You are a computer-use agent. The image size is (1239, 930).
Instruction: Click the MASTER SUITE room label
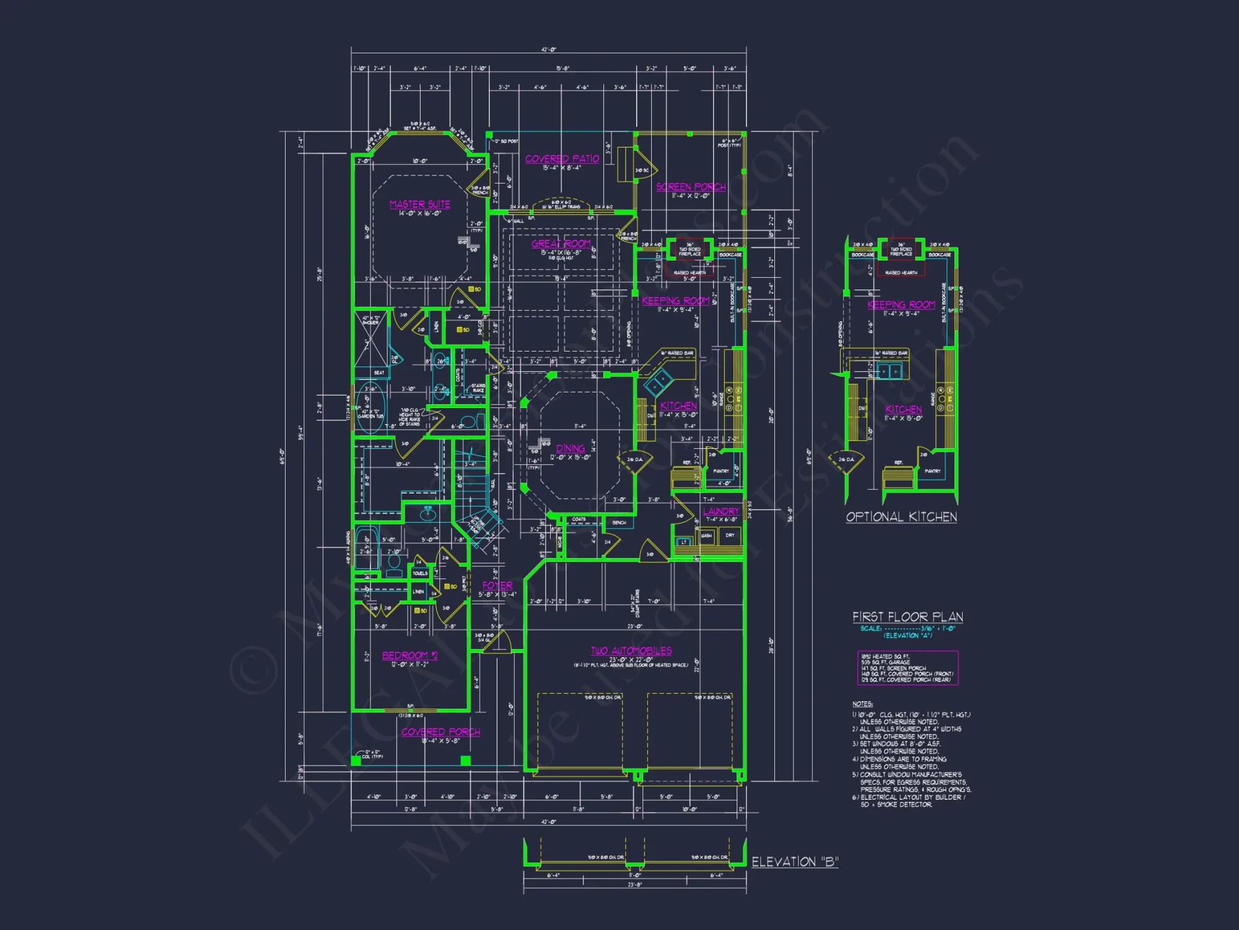tap(419, 205)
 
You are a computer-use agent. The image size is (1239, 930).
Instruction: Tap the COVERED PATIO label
tap(562, 159)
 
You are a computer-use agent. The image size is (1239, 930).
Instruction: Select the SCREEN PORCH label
tap(691, 187)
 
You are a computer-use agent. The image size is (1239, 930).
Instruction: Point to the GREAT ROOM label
tap(561, 244)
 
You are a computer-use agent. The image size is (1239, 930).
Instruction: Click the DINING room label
tap(570, 448)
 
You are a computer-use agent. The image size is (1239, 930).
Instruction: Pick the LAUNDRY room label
tap(721, 511)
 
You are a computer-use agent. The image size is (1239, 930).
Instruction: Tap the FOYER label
tap(497, 585)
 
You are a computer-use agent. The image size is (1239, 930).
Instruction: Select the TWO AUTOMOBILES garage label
tap(631, 651)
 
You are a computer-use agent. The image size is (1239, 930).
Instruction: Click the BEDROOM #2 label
tap(409, 655)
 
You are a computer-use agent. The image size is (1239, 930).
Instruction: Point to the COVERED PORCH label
tap(440, 732)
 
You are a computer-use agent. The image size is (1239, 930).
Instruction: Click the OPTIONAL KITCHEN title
tap(901, 517)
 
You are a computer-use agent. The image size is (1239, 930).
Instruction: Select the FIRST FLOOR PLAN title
tap(908, 617)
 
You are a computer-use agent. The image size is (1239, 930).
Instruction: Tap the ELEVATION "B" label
tap(795, 862)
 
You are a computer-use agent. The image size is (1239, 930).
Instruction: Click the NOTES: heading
tap(862, 704)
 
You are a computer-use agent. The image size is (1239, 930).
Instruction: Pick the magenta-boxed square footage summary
tap(908, 668)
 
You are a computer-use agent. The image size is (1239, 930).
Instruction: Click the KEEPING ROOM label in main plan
tap(675, 301)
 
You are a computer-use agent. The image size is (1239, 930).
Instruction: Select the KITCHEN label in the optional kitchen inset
tap(903, 410)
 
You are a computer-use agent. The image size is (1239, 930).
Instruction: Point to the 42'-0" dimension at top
tap(548, 50)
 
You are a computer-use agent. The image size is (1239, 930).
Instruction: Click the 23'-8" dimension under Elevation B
tap(634, 885)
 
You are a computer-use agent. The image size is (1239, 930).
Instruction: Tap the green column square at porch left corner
tap(356, 760)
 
